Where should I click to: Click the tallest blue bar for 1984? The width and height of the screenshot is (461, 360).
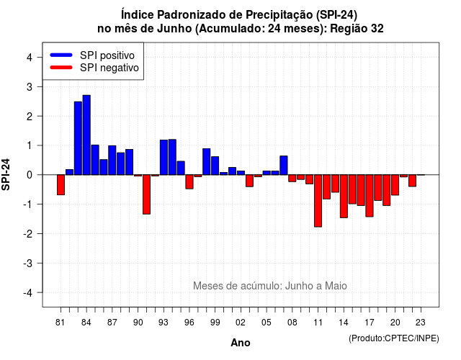click(86, 135)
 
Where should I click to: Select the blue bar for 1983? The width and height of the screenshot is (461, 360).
click(78, 138)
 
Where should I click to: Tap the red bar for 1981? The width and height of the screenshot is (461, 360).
click(61, 185)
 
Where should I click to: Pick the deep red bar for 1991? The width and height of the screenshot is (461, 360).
click(146, 194)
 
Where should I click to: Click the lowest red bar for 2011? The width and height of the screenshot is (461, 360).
click(318, 201)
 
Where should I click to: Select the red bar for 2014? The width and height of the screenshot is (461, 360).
click(344, 196)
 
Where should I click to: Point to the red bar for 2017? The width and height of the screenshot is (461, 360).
click(370, 196)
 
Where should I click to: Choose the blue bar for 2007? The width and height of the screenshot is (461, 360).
click(284, 165)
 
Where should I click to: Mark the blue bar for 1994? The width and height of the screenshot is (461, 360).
click(172, 157)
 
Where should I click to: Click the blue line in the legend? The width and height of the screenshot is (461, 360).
click(61, 55)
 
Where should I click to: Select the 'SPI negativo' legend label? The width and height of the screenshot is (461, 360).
click(109, 68)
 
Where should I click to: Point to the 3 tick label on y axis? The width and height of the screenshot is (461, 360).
click(29, 87)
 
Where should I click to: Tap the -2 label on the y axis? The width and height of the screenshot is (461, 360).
click(27, 234)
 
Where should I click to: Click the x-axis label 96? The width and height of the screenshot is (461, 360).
click(189, 323)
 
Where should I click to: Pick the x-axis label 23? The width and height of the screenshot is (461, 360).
click(421, 323)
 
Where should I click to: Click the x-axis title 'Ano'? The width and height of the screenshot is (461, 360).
click(241, 343)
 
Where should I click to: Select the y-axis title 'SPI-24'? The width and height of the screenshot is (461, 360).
click(6, 174)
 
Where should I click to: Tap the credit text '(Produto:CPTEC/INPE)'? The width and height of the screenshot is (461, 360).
click(394, 338)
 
